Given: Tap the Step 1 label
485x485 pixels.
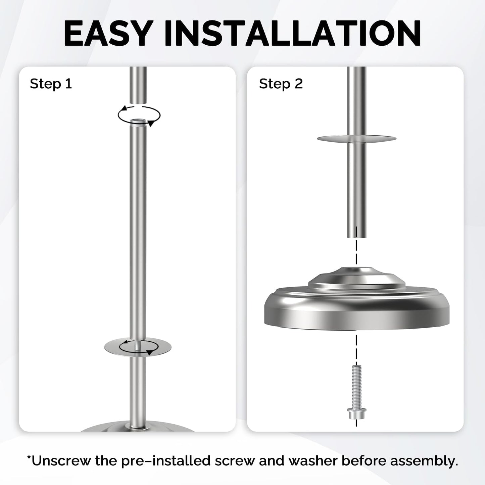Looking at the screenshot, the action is [x=51, y=84].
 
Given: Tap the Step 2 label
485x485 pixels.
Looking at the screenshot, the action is [x=281, y=84].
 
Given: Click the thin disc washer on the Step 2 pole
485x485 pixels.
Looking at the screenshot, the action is [x=357, y=138].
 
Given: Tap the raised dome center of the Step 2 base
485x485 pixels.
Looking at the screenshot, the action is [x=357, y=278].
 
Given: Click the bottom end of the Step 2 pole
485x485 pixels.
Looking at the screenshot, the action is [x=357, y=237].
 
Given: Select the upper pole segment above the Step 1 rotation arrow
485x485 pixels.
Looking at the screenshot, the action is [x=138, y=85].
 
